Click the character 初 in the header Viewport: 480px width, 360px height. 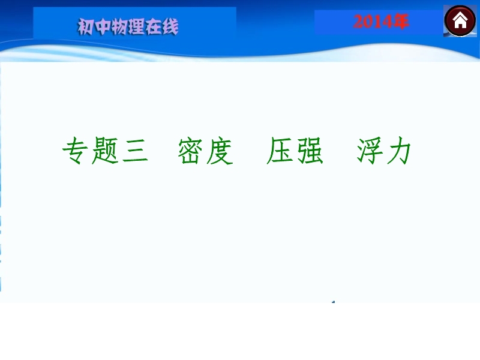click(86, 26)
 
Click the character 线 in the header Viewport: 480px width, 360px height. click(170, 26)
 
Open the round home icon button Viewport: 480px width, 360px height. click(460, 21)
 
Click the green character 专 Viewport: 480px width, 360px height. click(76, 151)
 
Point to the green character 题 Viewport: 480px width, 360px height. click(105, 151)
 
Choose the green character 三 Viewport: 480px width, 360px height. click(135, 151)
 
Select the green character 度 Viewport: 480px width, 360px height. click(219, 151)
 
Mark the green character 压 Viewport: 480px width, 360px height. click(280, 151)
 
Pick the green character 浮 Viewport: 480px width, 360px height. click(369, 151)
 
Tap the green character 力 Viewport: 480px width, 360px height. click(398, 151)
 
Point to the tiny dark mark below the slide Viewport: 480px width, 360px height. click(334, 302)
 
